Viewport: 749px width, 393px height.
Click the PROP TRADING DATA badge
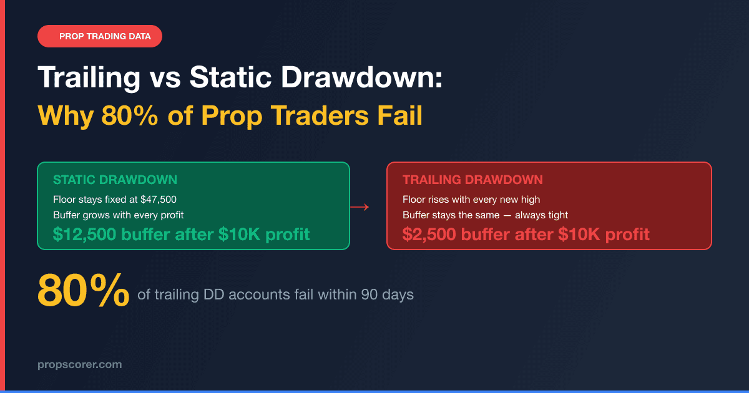100,36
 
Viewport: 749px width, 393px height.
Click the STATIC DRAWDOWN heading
115,180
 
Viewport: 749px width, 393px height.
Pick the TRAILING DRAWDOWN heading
472,180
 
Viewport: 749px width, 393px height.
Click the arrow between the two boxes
360,206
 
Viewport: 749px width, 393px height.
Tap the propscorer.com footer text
79,364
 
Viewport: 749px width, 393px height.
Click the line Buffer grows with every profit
118,215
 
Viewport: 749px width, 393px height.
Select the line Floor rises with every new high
471,200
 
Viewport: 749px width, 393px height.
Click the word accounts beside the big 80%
258,294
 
